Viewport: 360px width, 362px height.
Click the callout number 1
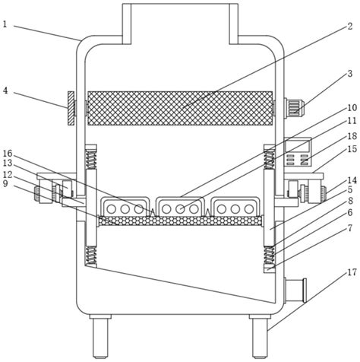(5, 24)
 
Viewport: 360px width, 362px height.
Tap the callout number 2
(349, 26)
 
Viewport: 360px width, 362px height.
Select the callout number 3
(350, 74)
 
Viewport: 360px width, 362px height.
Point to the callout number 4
(5, 90)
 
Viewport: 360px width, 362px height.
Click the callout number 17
(351, 272)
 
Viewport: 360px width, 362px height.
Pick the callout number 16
(8, 154)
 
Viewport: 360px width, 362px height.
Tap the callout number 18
(352, 136)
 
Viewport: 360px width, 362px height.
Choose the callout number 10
(352, 108)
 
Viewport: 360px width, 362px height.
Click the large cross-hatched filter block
(180, 108)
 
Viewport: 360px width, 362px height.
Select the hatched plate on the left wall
(71, 108)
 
